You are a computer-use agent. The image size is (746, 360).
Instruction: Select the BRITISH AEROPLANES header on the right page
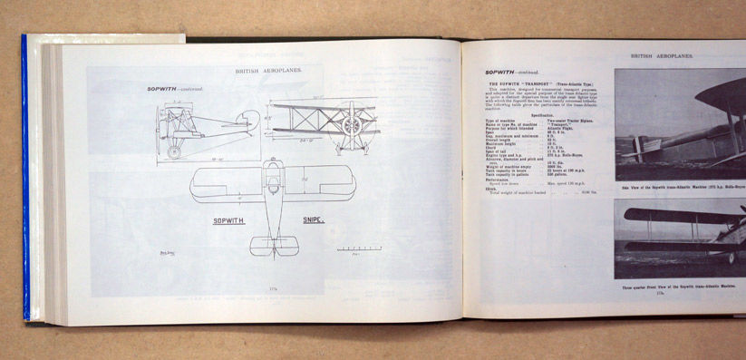click(x=662, y=56)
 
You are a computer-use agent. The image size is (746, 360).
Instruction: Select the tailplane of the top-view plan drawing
click(x=273, y=247)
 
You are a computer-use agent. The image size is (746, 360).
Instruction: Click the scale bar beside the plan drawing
click(x=359, y=248)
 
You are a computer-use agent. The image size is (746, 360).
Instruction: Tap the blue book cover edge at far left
click(x=25, y=181)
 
